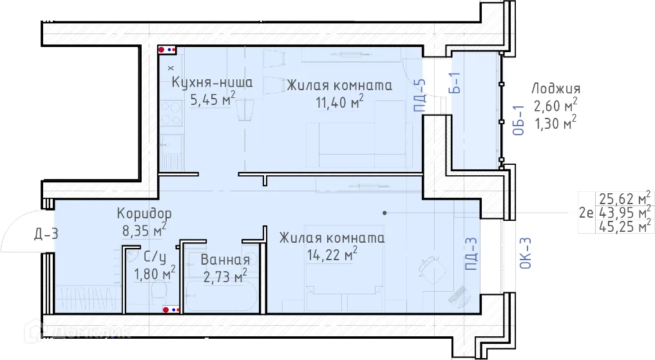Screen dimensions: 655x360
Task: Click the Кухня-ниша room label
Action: (212, 82)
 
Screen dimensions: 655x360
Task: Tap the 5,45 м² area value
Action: (213, 99)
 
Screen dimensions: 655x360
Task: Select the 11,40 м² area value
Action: (339, 102)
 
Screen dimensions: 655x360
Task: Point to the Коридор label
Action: (144, 213)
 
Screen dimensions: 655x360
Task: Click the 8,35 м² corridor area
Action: (144, 230)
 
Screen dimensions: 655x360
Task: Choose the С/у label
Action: (154, 256)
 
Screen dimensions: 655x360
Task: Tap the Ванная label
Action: (225, 260)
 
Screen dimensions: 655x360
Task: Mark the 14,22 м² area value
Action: (332, 254)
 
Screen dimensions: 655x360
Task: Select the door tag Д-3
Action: (46, 234)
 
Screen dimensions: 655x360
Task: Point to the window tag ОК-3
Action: (526, 252)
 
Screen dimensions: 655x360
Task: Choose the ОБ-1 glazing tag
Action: (518, 120)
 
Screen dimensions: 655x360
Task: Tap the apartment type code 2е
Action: (586, 213)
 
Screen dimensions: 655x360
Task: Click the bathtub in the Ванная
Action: (220, 296)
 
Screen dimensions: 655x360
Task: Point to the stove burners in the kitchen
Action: (171, 113)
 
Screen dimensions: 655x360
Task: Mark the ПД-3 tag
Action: (471, 254)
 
